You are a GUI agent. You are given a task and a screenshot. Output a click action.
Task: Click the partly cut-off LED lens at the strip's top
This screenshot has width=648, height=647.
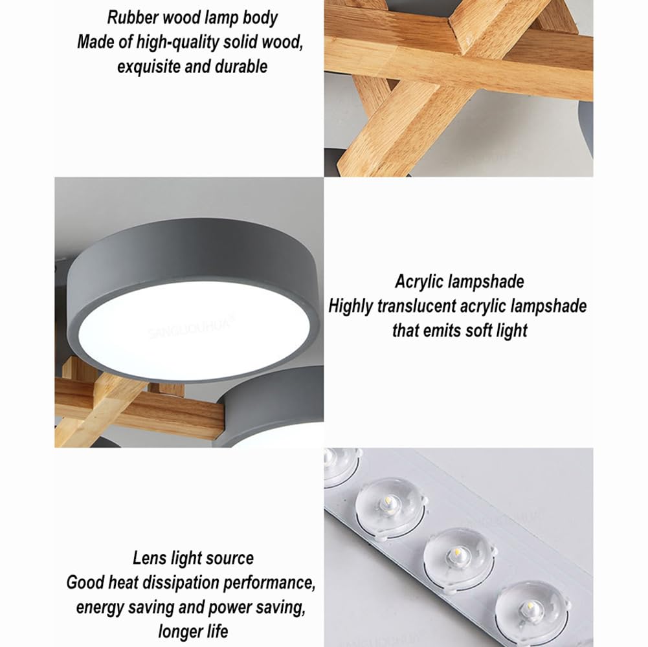341,465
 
